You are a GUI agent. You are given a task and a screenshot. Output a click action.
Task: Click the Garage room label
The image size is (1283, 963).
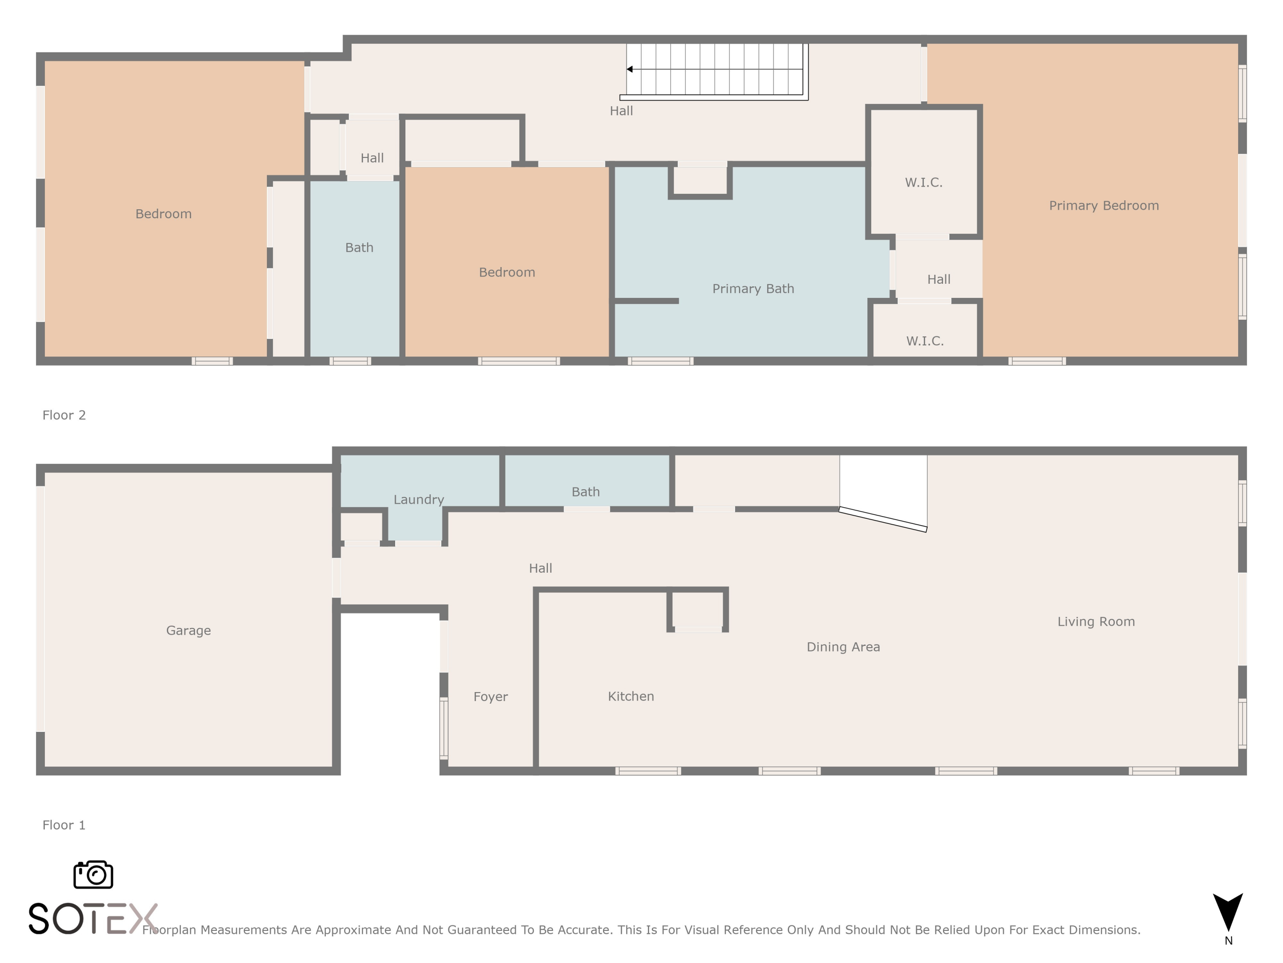[x=189, y=630]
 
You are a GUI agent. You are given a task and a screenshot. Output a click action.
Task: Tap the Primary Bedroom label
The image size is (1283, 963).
[x=1104, y=205]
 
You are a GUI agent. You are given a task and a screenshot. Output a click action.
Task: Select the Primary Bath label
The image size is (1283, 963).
[x=753, y=288]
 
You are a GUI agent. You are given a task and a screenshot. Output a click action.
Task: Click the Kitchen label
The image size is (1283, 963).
[x=630, y=696]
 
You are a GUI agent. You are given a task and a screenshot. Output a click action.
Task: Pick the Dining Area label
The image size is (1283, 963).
[x=843, y=647]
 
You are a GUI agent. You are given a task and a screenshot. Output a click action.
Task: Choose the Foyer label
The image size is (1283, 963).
[x=490, y=696]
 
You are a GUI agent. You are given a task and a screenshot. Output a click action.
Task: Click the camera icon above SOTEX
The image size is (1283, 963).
[x=93, y=874]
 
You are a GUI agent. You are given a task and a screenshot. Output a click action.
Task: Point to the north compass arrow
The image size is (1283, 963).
[x=1228, y=911]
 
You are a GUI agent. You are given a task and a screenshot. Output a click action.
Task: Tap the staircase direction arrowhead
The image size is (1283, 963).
[x=630, y=69]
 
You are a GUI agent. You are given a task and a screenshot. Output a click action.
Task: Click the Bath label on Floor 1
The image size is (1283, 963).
[x=585, y=492]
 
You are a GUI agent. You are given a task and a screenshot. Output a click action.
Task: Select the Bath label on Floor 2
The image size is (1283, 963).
[x=359, y=247]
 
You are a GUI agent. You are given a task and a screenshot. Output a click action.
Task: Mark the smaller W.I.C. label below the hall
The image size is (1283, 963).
[x=925, y=341]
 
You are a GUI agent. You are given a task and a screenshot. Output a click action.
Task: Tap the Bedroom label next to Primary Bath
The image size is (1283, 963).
[x=506, y=272]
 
